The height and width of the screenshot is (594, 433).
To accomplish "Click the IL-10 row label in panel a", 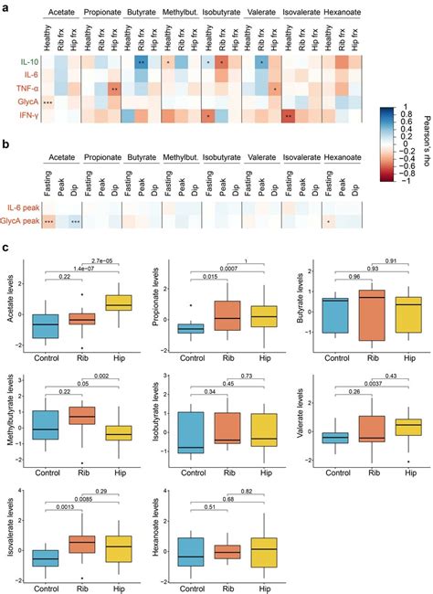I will [28, 62].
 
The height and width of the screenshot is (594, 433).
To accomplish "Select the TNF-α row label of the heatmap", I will [27, 90].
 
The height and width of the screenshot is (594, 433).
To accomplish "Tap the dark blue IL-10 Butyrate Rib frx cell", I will [142, 62].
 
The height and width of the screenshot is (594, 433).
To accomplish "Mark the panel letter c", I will [7, 247].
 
